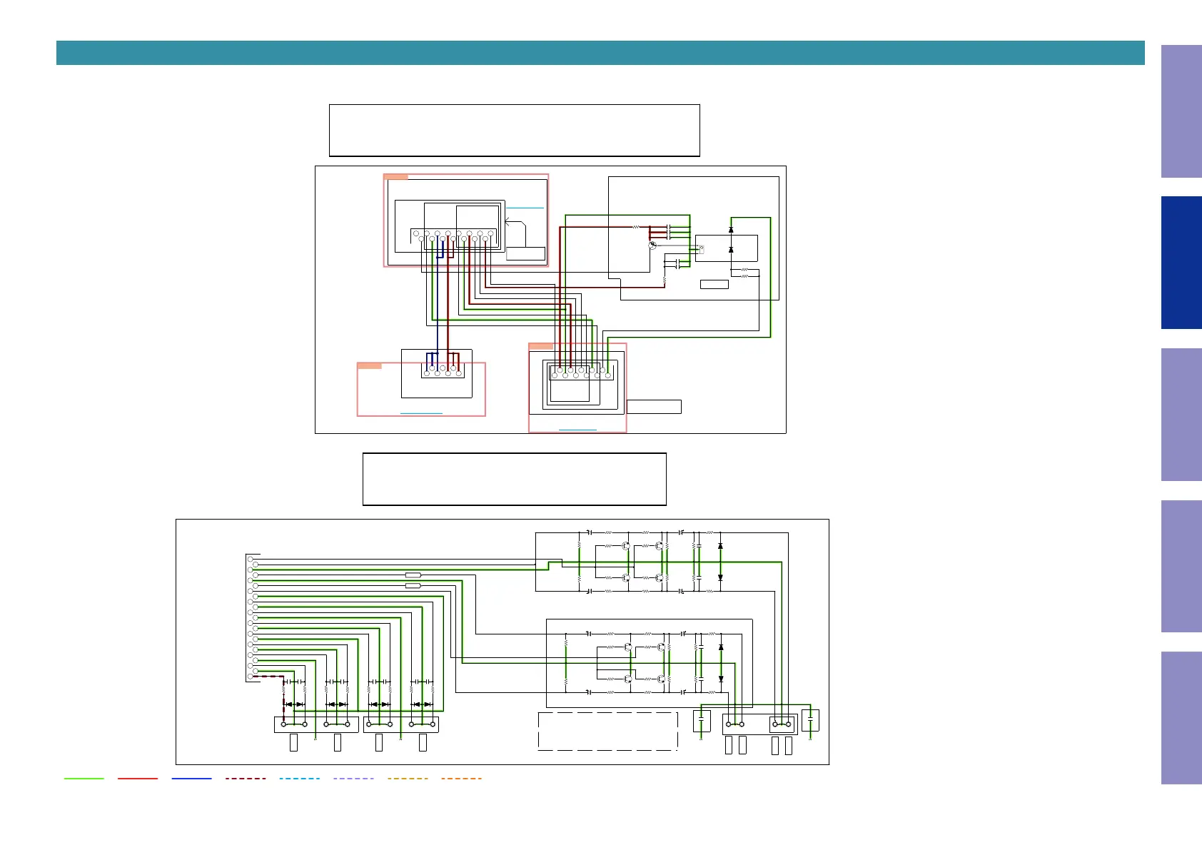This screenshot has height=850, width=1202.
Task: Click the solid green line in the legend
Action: pos(84,779)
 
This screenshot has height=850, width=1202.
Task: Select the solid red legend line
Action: pos(138,779)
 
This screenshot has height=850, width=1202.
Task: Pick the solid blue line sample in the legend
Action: pos(191,779)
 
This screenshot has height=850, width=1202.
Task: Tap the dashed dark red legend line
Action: pos(246,779)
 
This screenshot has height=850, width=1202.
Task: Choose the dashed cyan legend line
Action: pos(299,779)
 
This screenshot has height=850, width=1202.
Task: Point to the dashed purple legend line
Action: pos(353,779)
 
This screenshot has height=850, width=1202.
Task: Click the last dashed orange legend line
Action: pos(461,779)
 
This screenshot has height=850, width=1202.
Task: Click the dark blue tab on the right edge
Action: pos(1181,263)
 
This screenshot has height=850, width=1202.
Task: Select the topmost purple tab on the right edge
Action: pos(1181,111)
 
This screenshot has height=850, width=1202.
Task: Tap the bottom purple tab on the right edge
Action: pos(1181,717)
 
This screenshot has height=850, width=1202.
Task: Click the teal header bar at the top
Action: pos(600,53)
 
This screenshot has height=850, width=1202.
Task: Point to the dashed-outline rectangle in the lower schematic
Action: pos(607,731)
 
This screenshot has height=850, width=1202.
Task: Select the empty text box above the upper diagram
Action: pos(514,130)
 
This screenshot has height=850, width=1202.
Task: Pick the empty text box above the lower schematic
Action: pos(514,479)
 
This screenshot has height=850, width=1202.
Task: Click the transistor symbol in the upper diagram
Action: pos(652,246)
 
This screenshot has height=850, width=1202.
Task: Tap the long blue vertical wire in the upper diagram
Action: pos(438,300)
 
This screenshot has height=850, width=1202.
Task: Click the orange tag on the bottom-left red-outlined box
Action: pos(369,365)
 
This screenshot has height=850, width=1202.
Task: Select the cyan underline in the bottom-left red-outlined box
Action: pos(421,413)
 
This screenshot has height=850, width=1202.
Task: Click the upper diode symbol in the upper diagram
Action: pos(731,230)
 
